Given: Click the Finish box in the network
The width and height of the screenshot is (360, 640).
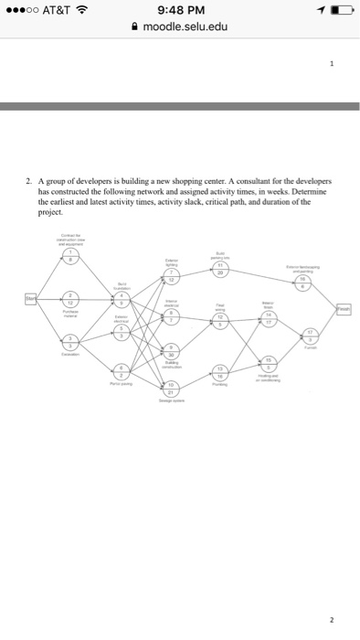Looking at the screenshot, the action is tap(342, 307).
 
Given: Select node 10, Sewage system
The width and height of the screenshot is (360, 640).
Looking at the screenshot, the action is tap(170, 388).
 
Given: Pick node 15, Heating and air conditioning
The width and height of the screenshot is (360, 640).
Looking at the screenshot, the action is tap(268, 360).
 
